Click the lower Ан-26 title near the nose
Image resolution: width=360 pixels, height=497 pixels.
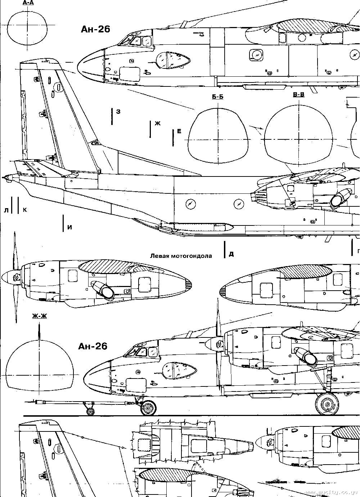[93, 346]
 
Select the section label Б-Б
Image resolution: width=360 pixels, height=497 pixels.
[218, 97]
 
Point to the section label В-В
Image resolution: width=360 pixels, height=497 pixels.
[299, 95]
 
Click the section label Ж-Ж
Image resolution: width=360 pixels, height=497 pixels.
[39, 316]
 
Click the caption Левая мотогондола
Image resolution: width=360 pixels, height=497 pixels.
[181, 256]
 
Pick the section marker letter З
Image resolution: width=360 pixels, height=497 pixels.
[118, 112]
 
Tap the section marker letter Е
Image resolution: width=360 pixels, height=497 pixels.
[179, 131]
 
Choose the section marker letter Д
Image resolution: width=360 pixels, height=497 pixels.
[231, 254]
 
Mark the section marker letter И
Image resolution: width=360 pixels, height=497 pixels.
[69, 227]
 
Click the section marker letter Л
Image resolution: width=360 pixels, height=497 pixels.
[6, 210]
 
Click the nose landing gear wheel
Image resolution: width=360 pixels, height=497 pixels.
[148, 408]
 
